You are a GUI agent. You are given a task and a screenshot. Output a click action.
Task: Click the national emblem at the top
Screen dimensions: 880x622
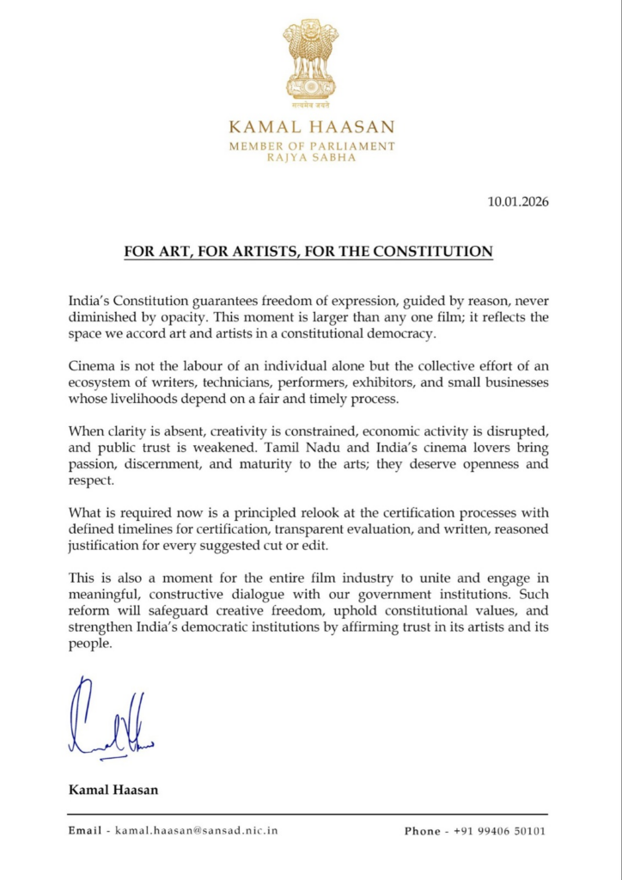coord(311,62)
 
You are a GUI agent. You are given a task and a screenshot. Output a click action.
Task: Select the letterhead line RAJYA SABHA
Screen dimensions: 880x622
coord(311,158)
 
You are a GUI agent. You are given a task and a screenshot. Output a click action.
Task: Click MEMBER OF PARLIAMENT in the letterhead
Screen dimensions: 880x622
coord(311,147)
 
